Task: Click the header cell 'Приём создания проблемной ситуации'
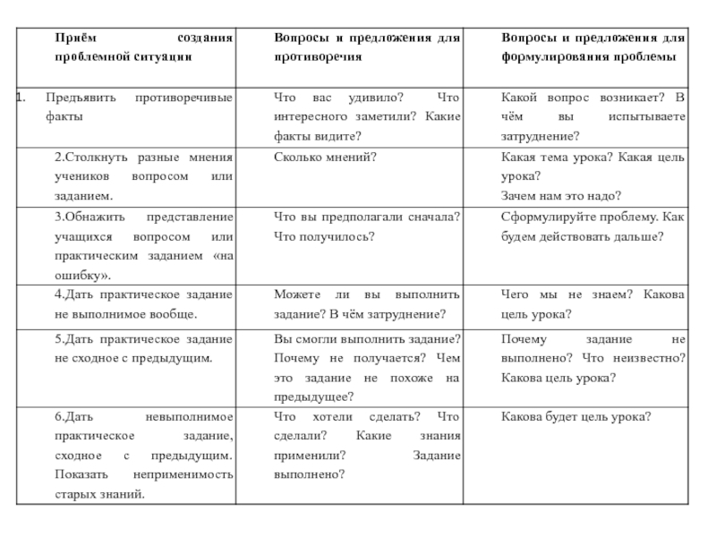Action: coord(143,47)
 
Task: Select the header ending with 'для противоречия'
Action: coord(367,47)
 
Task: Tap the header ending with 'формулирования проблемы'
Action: coord(592,47)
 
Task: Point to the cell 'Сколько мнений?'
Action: coord(325,157)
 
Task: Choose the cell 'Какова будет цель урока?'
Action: coord(575,416)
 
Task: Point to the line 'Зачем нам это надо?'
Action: coord(561,196)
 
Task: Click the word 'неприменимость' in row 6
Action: coord(191,474)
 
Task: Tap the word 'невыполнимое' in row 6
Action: coord(189,416)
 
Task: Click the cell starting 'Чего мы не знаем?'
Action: coord(592,304)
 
